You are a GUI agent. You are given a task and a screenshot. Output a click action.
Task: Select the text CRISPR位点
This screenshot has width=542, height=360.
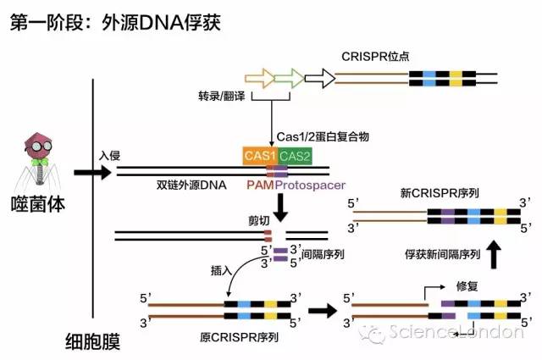pos(376,57)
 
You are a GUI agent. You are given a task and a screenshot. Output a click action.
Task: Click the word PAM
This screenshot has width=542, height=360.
pos(258,183)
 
